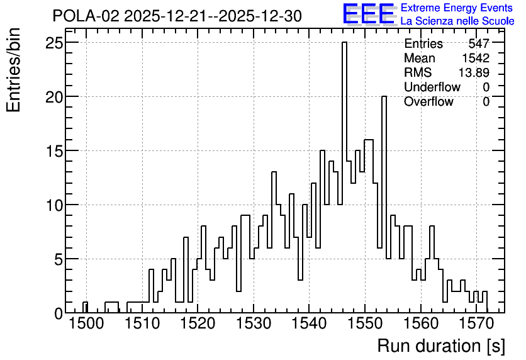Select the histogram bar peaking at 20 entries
click(384, 205)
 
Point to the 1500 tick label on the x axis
click(87, 324)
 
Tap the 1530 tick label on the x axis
click(254, 324)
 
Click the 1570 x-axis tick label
click(476, 324)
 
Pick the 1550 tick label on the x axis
click(365, 324)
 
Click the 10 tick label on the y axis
click(54, 205)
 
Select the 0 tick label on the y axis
click(59, 313)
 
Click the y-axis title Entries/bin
click(14, 70)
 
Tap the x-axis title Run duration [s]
click(441, 346)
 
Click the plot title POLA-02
click(86, 16)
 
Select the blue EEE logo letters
click(368, 14)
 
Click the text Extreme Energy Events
click(457, 8)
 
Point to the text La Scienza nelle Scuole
click(457, 21)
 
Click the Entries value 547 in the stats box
click(479, 43)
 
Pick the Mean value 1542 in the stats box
click(476, 58)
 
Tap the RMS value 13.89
click(474, 72)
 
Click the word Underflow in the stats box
click(432, 87)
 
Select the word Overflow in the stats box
click(428, 101)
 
